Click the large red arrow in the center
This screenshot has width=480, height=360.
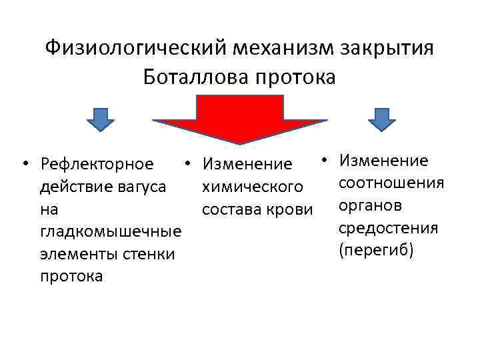point(240,120)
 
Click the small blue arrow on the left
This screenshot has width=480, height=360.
point(100,119)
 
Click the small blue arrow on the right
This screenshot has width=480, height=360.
point(382,119)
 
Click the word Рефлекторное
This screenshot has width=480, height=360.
point(97,163)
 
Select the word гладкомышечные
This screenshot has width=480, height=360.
point(111,231)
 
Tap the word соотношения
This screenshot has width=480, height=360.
point(387,182)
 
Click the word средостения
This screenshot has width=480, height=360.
point(387,227)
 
